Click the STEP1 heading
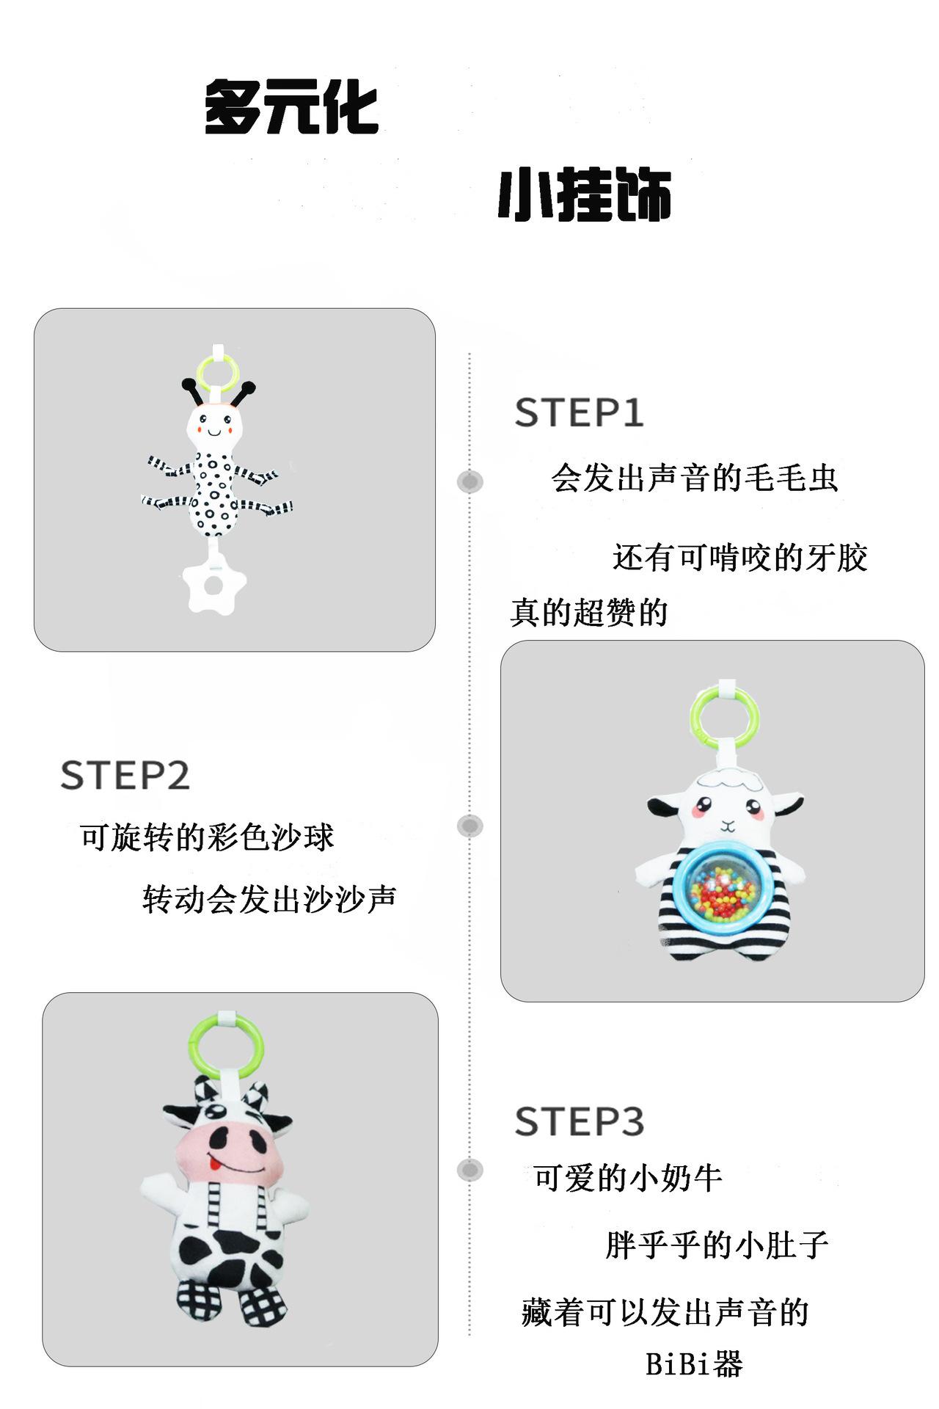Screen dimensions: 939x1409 [x=579, y=412]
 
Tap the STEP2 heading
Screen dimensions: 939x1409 [x=125, y=776]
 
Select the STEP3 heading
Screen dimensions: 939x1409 [x=579, y=1122]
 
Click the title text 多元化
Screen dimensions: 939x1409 [x=291, y=108]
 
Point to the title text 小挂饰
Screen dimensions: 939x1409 [x=585, y=195]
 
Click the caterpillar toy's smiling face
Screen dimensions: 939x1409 [x=214, y=424]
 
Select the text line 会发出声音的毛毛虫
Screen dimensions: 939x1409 [x=694, y=478]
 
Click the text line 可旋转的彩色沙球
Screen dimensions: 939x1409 [x=207, y=837]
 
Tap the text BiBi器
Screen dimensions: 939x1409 [x=694, y=1364]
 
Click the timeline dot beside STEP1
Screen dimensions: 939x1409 [x=470, y=482]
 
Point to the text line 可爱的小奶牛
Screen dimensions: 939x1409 [x=628, y=1179]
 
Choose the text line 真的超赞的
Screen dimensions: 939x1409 [x=589, y=612]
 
